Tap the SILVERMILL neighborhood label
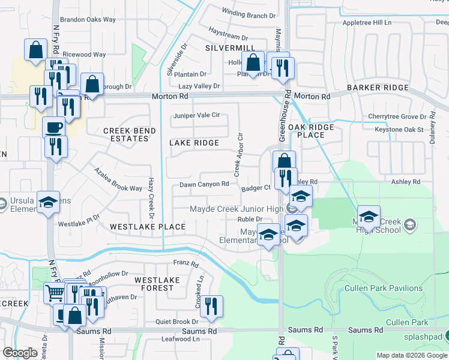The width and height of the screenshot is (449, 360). (230, 47)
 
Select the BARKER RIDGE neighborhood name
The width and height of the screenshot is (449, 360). (378, 88)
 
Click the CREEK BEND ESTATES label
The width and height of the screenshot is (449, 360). (130, 134)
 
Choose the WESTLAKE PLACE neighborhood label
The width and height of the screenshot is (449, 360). (148, 227)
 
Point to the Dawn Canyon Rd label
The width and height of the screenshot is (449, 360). (205, 184)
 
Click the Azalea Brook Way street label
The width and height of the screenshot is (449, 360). (118, 179)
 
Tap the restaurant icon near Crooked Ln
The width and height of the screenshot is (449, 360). (211, 305)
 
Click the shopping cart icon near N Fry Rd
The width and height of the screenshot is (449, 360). (55, 293)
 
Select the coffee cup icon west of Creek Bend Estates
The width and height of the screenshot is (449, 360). (53, 127)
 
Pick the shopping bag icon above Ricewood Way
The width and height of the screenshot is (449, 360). (35, 49)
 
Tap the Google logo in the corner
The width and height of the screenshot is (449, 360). (20, 353)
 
